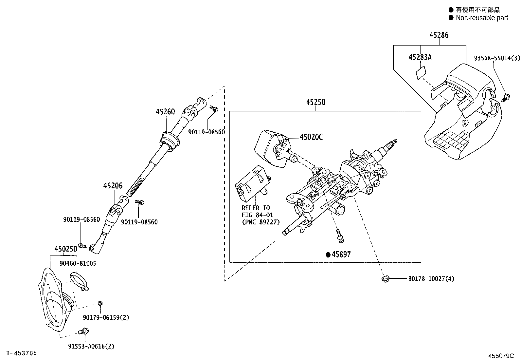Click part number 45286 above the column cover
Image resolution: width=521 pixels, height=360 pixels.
click(x=439, y=35)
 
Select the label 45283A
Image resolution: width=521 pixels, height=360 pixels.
click(x=420, y=57)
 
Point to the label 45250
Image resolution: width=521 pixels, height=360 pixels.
click(x=315, y=102)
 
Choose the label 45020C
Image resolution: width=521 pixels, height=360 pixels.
click(x=311, y=137)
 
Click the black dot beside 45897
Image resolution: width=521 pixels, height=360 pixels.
click(x=328, y=255)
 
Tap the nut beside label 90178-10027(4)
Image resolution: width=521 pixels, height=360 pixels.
click(x=386, y=278)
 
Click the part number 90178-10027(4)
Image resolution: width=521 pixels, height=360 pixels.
click(x=431, y=278)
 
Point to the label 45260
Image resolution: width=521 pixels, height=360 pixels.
click(x=165, y=112)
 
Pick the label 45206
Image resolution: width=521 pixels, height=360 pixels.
click(x=113, y=186)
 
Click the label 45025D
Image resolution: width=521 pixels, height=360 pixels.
click(x=66, y=249)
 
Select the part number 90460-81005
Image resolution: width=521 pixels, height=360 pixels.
click(x=78, y=263)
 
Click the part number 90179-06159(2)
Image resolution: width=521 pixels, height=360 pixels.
click(x=106, y=317)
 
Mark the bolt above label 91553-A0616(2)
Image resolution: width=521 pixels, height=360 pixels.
click(x=84, y=331)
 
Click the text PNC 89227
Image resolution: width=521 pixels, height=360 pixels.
click(x=260, y=222)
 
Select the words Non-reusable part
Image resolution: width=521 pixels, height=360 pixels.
click(x=482, y=18)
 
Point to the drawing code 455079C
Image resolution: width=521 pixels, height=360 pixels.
click(x=501, y=356)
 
